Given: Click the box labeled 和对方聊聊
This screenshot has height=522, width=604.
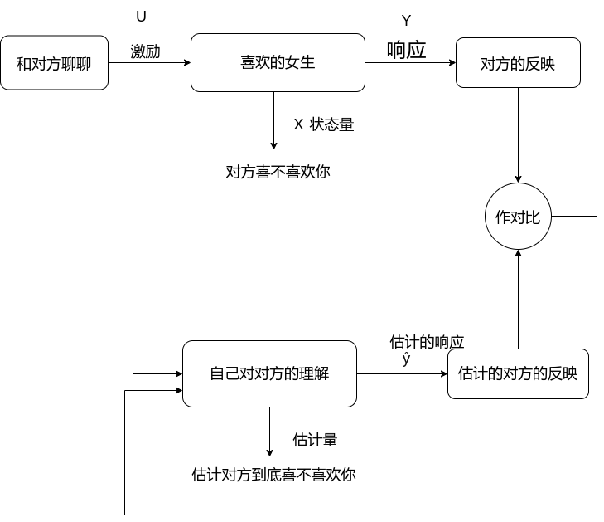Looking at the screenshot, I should click(55, 62).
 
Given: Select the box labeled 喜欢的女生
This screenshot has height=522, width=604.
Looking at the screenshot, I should click(278, 62).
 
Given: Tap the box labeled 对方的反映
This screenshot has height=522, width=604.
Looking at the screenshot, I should click(518, 62).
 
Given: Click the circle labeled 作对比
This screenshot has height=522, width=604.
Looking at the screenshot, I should click(518, 217).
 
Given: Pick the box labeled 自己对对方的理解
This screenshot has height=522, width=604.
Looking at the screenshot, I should click(269, 373).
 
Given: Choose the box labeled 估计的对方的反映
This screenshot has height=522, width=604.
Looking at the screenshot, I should click(518, 373).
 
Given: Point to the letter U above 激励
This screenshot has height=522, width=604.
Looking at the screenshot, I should click(140, 17).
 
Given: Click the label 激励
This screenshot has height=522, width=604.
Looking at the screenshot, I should click(146, 51).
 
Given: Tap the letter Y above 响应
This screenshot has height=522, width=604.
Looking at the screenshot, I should click(406, 22).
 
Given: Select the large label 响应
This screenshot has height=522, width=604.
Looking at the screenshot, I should click(407, 50).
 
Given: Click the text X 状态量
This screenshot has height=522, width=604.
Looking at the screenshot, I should click(324, 125).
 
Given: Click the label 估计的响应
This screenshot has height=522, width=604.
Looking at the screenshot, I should click(427, 342).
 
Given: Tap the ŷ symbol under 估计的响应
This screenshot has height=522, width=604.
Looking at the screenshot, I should click(406, 359).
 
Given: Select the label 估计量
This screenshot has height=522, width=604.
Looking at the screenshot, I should click(315, 440).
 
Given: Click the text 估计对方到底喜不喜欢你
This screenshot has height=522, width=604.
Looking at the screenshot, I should click(273, 476).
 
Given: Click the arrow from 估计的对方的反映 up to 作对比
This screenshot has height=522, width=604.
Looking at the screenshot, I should click(518, 299).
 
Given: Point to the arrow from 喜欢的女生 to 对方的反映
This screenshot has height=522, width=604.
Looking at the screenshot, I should click(410, 63).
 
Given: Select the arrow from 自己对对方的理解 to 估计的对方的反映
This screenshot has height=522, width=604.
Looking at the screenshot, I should click(402, 374).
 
